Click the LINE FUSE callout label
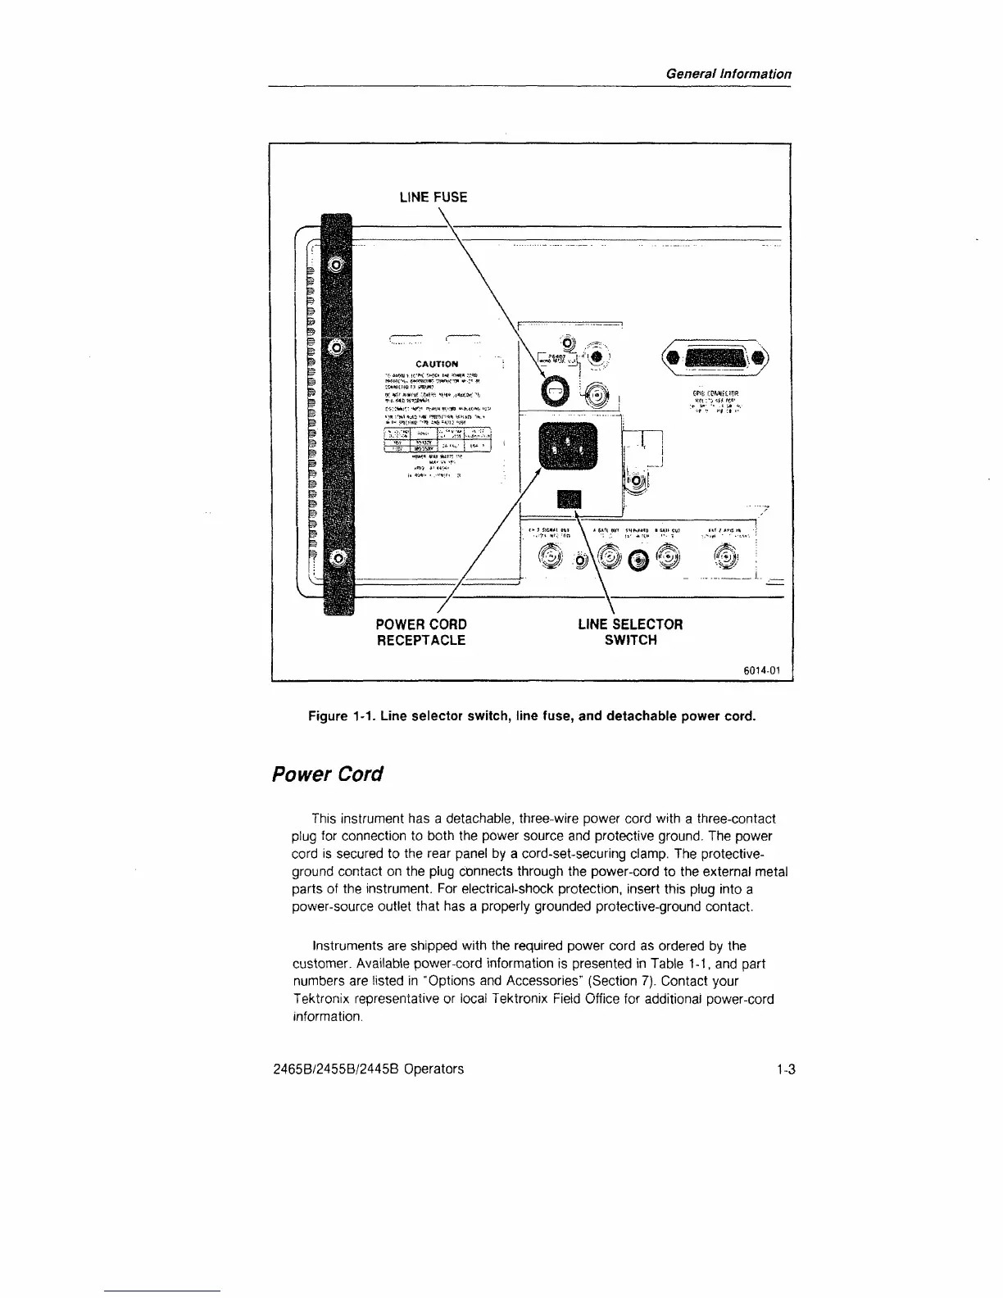(x=433, y=197)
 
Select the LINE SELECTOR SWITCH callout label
(x=629, y=632)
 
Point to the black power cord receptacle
(x=568, y=448)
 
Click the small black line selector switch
(x=569, y=500)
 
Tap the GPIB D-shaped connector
(x=716, y=358)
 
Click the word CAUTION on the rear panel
(x=437, y=363)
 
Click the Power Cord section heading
(x=327, y=774)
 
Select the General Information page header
(x=728, y=73)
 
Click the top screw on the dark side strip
(x=336, y=264)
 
